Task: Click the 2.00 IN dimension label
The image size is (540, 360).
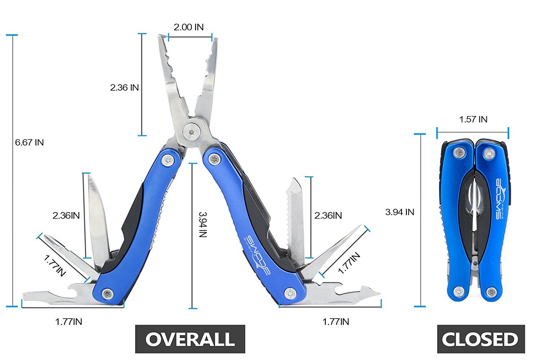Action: tap(189, 27)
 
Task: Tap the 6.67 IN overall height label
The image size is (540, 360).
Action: tap(30, 143)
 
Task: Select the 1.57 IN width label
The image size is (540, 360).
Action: tap(473, 120)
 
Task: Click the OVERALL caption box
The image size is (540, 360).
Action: tap(190, 339)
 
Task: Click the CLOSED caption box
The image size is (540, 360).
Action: tap(481, 339)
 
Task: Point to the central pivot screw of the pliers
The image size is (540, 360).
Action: tap(192, 132)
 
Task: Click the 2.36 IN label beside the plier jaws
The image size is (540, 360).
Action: tap(125, 87)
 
